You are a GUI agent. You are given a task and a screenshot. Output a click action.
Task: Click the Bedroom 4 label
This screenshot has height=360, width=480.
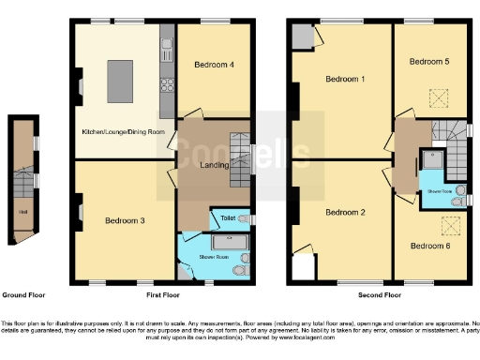click(x=214, y=65)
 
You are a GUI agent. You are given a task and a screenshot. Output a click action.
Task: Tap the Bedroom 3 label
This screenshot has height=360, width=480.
click(x=124, y=221)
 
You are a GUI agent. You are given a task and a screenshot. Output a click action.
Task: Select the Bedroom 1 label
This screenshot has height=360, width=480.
click(x=344, y=79)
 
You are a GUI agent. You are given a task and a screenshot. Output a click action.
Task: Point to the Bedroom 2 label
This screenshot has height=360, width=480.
click(x=344, y=212)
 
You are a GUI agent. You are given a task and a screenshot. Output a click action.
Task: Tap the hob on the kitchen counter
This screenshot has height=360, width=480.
click(x=169, y=83)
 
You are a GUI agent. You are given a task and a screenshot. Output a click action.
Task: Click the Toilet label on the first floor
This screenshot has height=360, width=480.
click(x=227, y=217)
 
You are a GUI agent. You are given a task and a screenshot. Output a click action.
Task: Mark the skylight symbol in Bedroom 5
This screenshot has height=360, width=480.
click(x=437, y=95)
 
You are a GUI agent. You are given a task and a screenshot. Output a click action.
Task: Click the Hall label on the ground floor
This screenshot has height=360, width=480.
click(x=21, y=211)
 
